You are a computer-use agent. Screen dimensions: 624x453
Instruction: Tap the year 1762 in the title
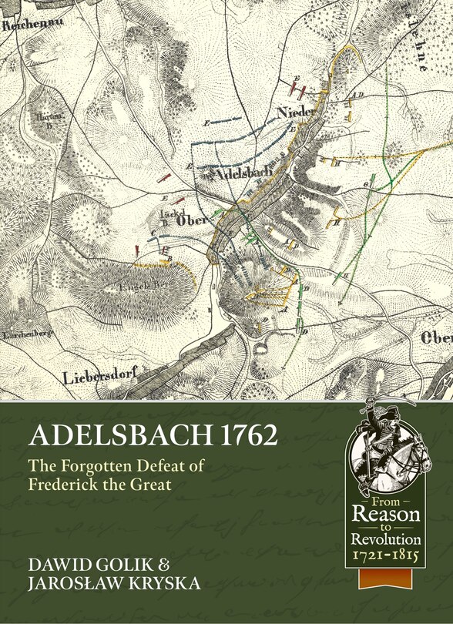click(240, 435)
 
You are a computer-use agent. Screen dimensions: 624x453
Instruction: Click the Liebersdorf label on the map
click(97, 377)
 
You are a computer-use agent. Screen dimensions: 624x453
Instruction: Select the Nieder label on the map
click(296, 113)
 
